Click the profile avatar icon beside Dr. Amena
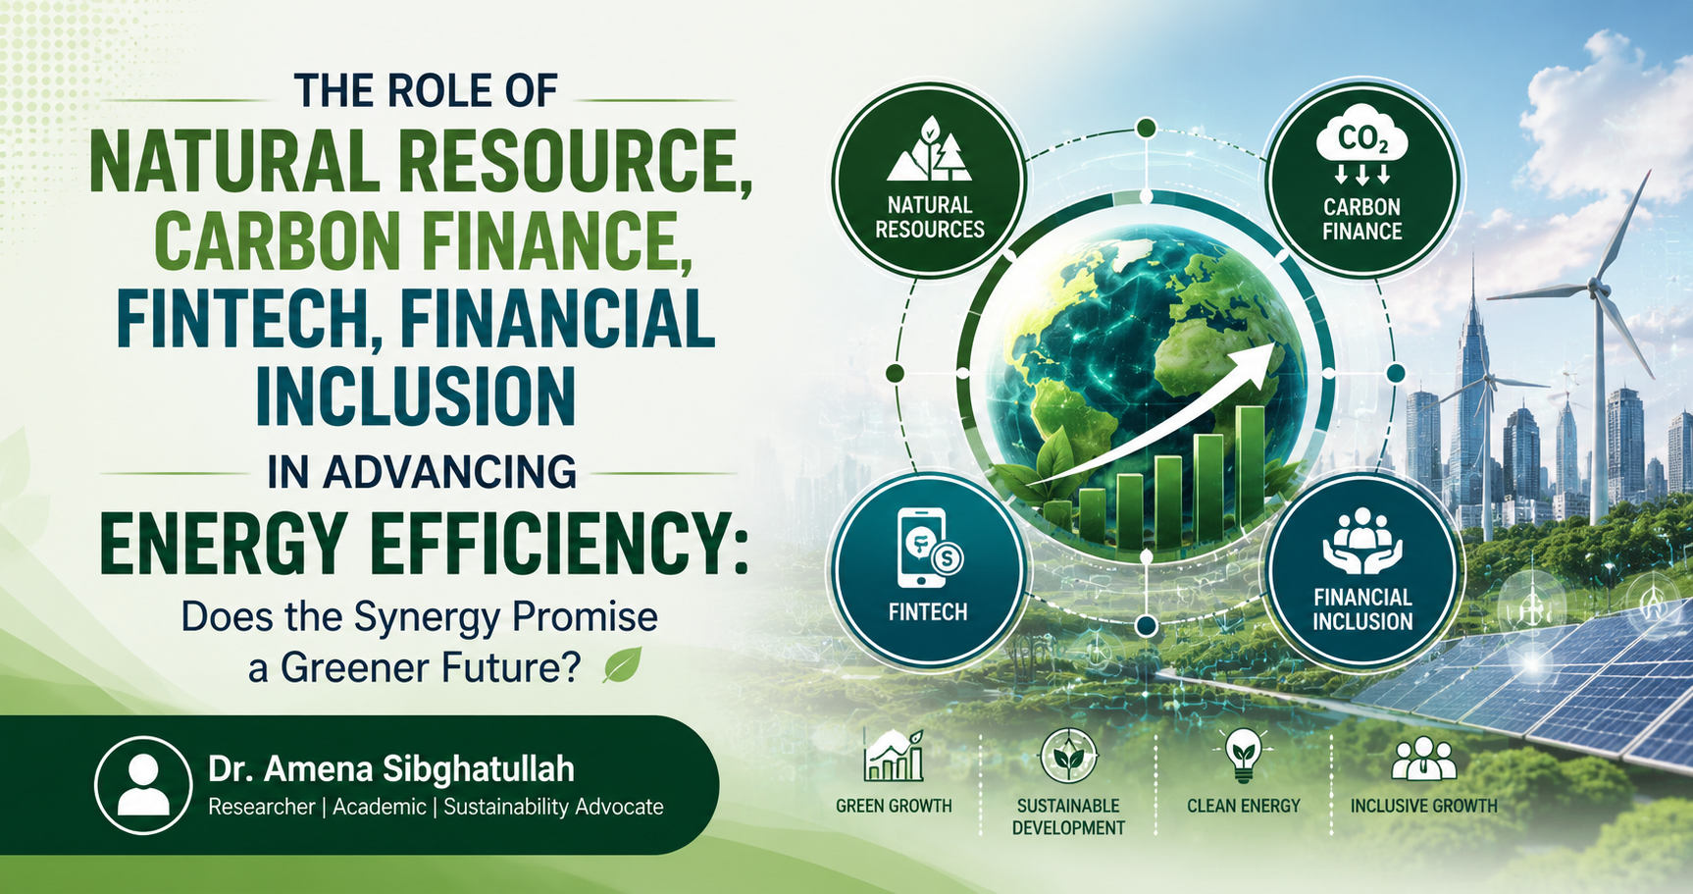click(143, 785)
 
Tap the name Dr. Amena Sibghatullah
click(391, 769)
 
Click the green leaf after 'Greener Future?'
click(623, 665)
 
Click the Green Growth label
click(894, 806)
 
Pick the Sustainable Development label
click(1068, 816)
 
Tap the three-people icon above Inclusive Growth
click(1424, 759)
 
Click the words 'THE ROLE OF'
click(426, 91)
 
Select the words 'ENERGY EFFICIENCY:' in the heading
click(424, 543)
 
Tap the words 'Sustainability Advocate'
click(553, 807)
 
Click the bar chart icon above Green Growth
click(894, 756)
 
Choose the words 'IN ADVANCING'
click(422, 472)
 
